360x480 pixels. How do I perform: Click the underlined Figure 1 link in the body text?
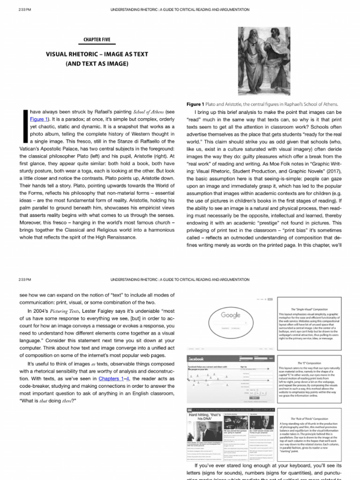coord(39,119)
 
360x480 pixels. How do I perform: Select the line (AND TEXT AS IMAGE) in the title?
coord(97,63)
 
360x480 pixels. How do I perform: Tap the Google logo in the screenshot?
coord(230,315)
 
